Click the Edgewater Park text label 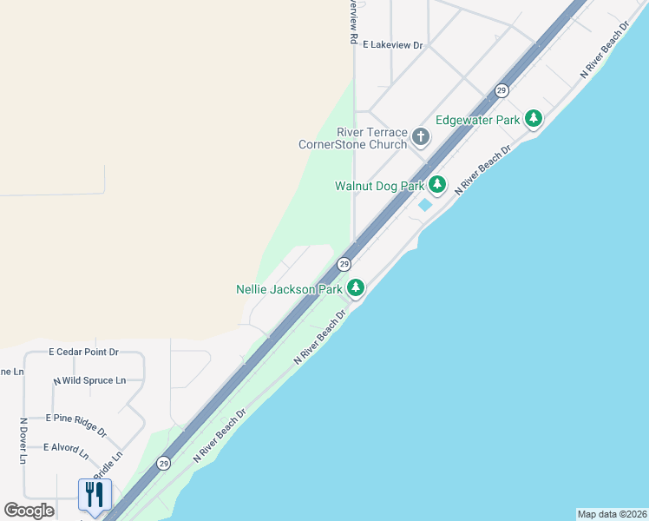coord(477,120)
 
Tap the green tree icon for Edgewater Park coord(534,119)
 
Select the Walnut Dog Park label coord(379,186)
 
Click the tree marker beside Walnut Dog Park coord(436,184)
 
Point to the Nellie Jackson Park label coord(289,289)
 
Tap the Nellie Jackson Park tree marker coord(355,287)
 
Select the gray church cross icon coord(421,136)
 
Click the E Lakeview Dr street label coord(392,44)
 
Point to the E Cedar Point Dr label coord(83,352)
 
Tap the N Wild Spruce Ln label coord(89,380)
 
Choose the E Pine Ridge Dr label coord(79,424)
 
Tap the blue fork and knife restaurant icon coord(95,494)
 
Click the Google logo coord(29,511)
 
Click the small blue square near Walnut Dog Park coord(424,206)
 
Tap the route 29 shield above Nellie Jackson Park coord(344,264)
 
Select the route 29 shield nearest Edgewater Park coord(501,90)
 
